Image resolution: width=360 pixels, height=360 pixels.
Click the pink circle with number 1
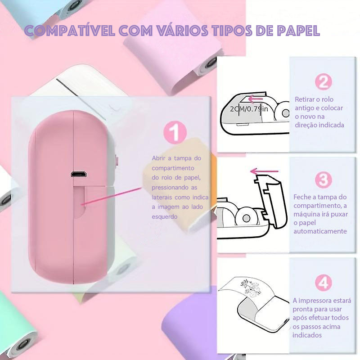[175, 132]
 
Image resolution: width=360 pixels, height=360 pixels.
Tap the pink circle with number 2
[323, 82]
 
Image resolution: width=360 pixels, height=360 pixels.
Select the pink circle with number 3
[323, 180]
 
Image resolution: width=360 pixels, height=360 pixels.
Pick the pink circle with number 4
[323, 283]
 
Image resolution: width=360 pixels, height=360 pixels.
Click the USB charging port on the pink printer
[78, 174]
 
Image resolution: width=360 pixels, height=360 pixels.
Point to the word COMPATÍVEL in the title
[70, 31]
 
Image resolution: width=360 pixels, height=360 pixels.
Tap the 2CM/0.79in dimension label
[249, 108]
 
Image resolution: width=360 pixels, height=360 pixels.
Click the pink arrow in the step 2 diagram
[255, 99]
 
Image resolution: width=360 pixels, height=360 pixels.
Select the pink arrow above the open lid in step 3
[264, 171]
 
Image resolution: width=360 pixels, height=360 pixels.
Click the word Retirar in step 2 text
[304, 99]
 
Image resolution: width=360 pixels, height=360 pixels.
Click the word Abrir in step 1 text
[158, 158]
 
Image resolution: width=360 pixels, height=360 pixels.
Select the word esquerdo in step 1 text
[164, 217]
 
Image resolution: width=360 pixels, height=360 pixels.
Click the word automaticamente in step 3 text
[320, 231]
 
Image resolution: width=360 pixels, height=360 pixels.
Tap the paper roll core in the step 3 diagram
[246, 218]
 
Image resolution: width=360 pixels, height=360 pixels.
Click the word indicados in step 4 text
[307, 335]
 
